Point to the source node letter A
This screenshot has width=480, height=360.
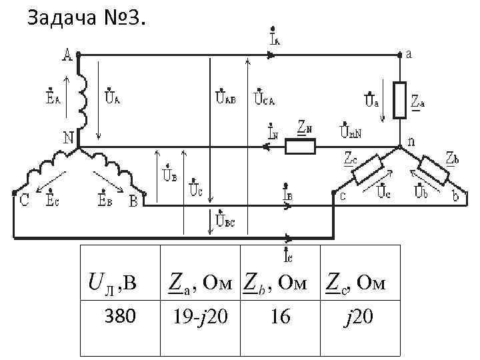point(67,56)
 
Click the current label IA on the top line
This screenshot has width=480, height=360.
point(275,37)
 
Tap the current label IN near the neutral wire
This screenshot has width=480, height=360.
point(273,131)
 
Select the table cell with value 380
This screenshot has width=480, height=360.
point(120,316)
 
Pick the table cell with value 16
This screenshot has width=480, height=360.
point(281,316)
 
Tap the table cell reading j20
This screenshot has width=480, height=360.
point(360,316)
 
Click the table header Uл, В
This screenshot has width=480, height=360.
point(113,285)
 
